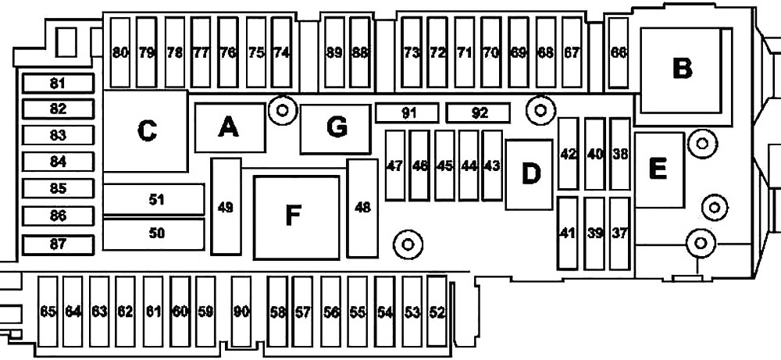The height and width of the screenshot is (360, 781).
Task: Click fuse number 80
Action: pos(119,52)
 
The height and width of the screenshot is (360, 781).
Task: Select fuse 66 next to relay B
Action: pos(619,52)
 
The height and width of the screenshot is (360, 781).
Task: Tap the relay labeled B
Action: pos(681,70)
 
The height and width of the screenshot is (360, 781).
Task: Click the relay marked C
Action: pos(145,131)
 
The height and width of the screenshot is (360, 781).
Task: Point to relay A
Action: pos(230,127)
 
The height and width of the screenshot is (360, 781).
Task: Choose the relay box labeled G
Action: pos(336,129)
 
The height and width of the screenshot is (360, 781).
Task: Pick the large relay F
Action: pos(296,217)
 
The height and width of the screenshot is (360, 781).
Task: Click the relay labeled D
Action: pos(530,174)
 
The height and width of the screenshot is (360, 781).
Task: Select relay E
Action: pos(659,169)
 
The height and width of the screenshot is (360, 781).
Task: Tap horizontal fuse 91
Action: pos(407,113)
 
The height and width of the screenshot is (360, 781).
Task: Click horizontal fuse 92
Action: pos(478,113)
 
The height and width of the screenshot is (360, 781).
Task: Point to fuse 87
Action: pos(59,244)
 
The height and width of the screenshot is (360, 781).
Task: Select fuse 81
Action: pos(59,83)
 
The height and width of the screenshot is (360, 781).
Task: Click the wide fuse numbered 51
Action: pos(154,199)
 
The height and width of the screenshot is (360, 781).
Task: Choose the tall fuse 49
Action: pos(226,206)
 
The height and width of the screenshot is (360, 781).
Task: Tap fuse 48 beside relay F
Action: pos(362,208)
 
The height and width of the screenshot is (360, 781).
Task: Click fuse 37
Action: pos(620,233)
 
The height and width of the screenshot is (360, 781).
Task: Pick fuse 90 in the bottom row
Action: pos(241,312)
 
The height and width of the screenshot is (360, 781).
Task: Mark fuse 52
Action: pos(437,312)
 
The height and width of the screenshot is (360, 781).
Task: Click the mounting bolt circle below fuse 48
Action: pos(408,244)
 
